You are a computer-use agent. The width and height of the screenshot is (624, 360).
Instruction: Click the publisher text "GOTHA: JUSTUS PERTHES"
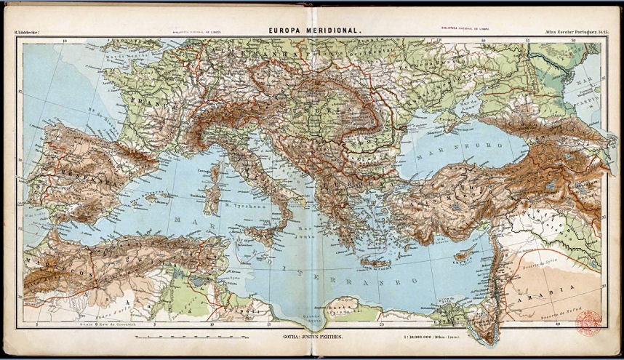pyautogui.click(x=313, y=338)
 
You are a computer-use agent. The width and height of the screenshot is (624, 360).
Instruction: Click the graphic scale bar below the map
pyautogui.click(x=189, y=338)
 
